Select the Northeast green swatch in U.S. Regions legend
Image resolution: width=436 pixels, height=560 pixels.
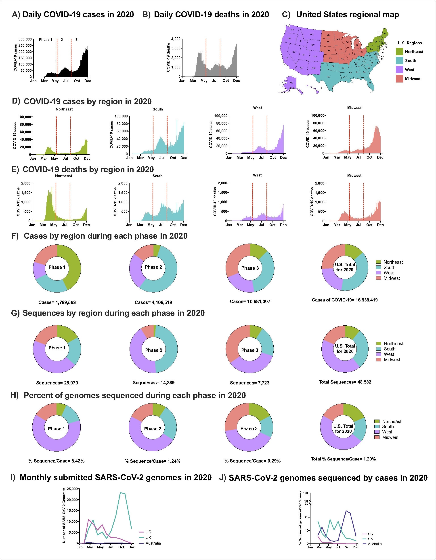pos(399,51)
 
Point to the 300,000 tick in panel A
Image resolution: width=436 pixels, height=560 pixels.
pos(25,39)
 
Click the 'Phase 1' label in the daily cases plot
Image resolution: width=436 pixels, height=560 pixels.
pos(46,40)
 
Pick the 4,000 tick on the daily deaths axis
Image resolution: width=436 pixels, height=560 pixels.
pos(176,39)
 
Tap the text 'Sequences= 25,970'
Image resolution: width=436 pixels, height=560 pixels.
pos(57,383)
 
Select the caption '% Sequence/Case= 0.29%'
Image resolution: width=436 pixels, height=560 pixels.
pos(252,461)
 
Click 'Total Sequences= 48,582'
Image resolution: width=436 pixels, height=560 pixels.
pos(345,382)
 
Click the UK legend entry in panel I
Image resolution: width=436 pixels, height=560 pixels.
pos(148,537)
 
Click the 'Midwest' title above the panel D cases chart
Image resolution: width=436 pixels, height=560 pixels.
pos(354,108)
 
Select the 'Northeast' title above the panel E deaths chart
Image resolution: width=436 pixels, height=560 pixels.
pos(63,176)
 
